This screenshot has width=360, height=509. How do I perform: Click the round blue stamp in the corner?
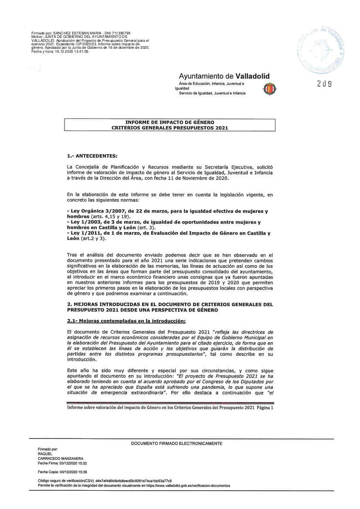pos(322,49)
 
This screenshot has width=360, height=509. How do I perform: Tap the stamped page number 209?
pos(325,84)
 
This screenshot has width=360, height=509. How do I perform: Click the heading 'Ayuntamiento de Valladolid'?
pos(224,76)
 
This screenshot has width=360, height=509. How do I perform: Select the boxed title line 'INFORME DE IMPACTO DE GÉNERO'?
pos(170,122)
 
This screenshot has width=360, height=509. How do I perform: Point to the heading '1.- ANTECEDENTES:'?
pos(92,155)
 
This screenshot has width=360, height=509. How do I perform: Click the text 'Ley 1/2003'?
pos(83,222)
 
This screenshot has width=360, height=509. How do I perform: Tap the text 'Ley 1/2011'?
pos(83,233)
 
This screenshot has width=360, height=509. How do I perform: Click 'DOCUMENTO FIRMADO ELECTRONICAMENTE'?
pos(177,443)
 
